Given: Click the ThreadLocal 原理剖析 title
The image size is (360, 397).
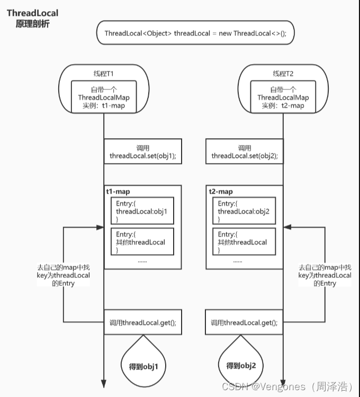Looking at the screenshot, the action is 32,18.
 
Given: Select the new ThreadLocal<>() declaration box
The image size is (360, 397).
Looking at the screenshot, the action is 195,33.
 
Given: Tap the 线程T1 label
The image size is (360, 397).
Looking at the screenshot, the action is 104,74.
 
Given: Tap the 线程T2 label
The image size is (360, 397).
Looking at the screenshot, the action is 283,74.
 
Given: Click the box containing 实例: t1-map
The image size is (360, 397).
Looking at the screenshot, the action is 104,97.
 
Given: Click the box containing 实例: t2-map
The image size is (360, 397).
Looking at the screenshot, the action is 283,97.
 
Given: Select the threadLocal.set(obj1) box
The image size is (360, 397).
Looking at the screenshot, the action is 143,151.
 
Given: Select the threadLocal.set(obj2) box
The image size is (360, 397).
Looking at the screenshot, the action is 245,151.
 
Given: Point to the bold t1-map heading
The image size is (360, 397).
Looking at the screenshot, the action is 118,192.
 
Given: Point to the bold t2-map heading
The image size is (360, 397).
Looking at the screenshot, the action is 221,192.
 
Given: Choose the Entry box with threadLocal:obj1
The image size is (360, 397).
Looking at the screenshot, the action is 142,211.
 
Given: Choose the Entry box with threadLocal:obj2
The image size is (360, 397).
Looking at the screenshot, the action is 244,211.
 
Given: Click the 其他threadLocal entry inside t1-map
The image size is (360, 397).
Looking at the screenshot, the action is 142,241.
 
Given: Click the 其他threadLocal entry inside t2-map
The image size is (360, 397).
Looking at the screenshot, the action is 244,241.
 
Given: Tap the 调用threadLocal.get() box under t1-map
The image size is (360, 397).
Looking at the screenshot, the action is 143,322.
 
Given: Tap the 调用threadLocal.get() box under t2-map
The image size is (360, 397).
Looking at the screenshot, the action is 244,322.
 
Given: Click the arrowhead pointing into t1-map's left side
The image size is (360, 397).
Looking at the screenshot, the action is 100,228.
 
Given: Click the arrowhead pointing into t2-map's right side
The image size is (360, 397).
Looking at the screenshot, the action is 287,228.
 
